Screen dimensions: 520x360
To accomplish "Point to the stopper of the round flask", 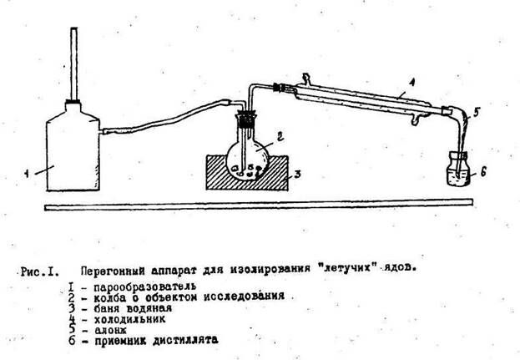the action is click(x=247, y=124).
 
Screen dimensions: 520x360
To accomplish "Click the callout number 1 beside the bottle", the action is click(x=28, y=173).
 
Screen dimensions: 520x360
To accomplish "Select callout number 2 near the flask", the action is click(x=281, y=134).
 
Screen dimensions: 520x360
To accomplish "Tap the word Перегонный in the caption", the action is click(x=110, y=271).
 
